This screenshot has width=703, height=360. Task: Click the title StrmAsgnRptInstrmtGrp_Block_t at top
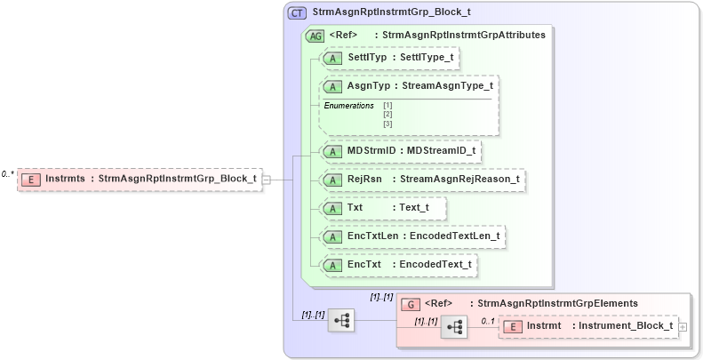click(x=392, y=13)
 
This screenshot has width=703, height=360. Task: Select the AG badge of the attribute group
click(x=315, y=36)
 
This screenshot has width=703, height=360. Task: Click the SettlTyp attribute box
click(x=390, y=58)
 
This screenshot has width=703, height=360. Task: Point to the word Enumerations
click(x=348, y=106)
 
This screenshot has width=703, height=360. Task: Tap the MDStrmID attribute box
click(x=401, y=151)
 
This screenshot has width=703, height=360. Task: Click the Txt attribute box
click(x=383, y=208)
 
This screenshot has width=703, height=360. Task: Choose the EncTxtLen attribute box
click(x=413, y=236)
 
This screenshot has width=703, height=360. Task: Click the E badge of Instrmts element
click(x=31, y=179)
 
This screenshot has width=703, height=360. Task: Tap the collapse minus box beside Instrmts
click(x=267, y=180)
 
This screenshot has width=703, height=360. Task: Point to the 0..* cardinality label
click(x=8, y=174)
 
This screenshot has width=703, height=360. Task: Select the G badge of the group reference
click(x=411, y=304)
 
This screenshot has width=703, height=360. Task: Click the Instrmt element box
click(x=587, y=327)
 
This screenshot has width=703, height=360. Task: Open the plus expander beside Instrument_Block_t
click(x=683, y=327)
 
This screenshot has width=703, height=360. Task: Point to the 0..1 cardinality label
click(x=487, y=319)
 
